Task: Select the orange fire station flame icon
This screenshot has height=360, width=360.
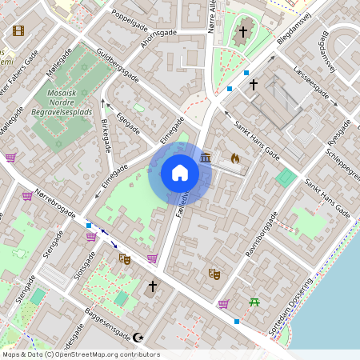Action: (235, 159)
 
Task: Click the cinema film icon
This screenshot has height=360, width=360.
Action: (18, 31)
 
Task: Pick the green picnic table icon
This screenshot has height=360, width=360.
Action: (254, 302)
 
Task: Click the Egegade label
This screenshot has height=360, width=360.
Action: (128, 122)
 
